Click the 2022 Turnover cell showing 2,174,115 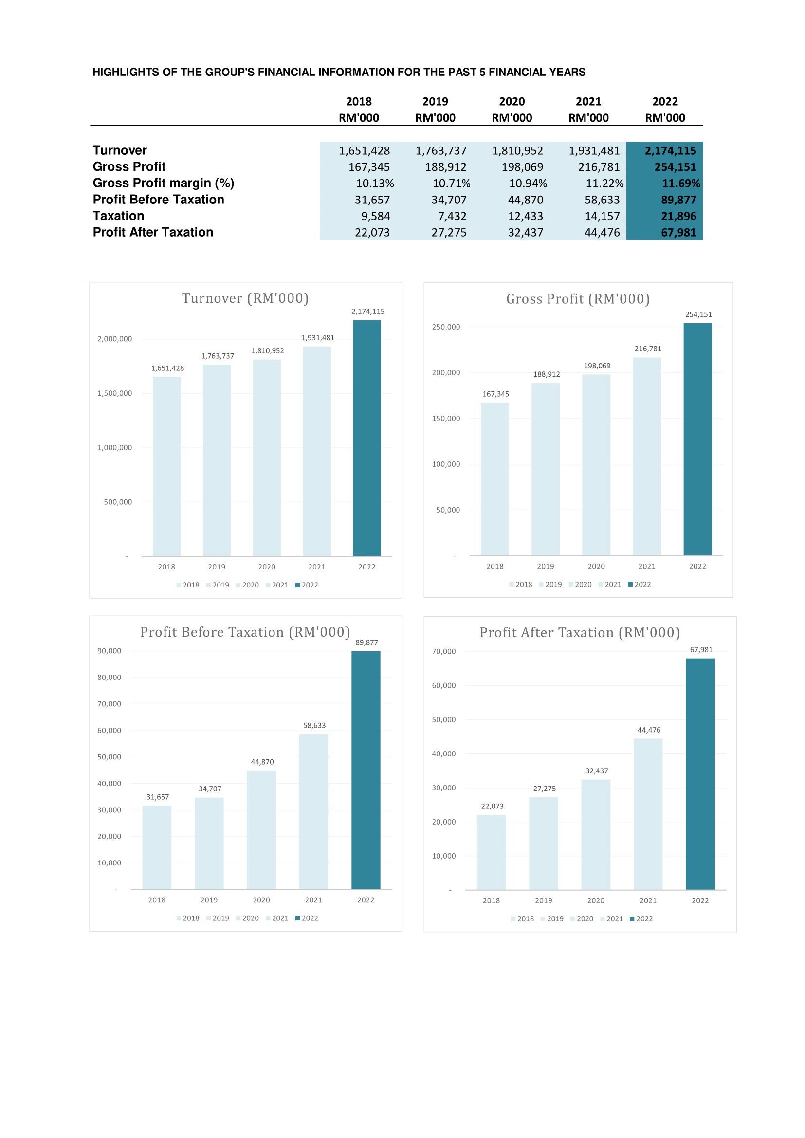coord(670,151)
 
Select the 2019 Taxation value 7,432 coord(449,216)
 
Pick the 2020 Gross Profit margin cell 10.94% coord(528,184)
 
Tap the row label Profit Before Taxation coord(158,199)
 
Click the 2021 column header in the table coord(588,102)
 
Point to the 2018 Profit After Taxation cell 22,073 coord(372,233)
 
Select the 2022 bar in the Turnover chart coord(367,438)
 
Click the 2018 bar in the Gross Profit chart coord(494,479)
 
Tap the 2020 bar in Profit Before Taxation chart coord(261,830)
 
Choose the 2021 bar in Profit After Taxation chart coord(648,814)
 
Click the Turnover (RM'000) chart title coord(245,298)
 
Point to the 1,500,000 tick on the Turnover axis coord(114,393)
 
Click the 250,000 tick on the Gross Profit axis coord(446,327)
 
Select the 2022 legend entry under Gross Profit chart coord(640,585)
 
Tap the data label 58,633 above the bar coord(314,725)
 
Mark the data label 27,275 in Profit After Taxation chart coord(544,788)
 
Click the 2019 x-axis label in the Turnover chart coord(217,567)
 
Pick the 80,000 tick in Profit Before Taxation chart coord(109,677)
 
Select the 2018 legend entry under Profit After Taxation coord(522,918)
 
